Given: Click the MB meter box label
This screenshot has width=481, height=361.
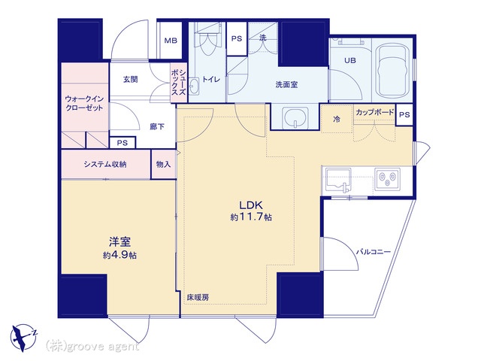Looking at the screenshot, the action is (171, 41).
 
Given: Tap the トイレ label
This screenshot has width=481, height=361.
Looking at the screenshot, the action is (211, 80).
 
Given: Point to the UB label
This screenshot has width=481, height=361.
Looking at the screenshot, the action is (350, 60).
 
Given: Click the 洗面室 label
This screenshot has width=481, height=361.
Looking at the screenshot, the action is (286, 84).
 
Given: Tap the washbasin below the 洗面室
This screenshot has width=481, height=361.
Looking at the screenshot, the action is (295, 117).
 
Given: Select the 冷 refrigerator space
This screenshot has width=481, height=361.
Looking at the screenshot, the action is (337, 119).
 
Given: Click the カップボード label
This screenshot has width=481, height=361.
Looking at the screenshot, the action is (374, 112).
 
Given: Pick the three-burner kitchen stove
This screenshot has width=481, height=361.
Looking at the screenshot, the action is (387, 179).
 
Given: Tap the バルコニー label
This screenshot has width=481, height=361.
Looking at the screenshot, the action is (374, 252).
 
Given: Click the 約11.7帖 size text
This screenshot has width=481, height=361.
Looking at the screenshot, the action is (251, 217).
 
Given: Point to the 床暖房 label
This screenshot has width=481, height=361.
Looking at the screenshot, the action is (198, 297).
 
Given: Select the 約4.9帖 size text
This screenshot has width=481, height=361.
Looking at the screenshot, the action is (119, 255).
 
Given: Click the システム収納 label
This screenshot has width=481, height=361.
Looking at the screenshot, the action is (105, 164).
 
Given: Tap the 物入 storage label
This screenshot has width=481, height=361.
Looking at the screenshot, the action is (163, 165).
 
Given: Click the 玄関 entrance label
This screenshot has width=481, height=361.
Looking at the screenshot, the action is (130, 80).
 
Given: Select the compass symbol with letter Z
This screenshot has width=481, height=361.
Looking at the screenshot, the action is (23, 336).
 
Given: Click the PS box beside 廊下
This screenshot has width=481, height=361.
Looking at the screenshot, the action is (123, 143).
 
